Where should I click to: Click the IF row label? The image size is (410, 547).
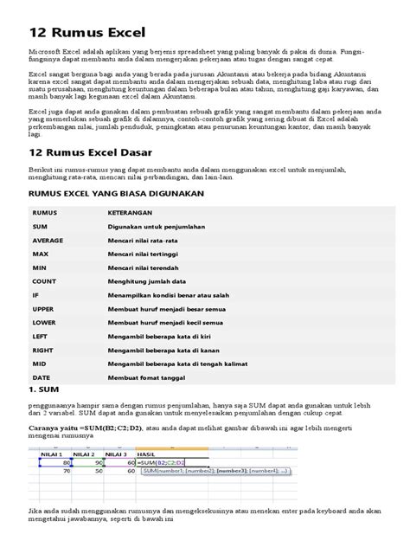[x=37, y=294]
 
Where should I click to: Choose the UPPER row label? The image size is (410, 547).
[x=45, y=308]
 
